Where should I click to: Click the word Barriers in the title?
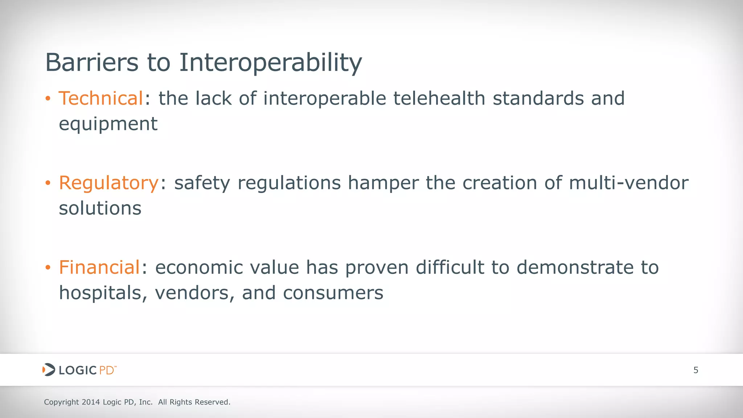click(92, 62)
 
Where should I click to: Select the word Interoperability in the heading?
click(270, 62)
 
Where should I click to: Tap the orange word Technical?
click(101, 98)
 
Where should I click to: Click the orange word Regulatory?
click(108, 183)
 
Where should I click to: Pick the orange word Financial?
click(99, 267)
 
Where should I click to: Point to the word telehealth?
click(439, 98)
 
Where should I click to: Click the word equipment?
click(108, 124)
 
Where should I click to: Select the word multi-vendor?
click(628, 183)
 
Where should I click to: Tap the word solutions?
click(100, 208)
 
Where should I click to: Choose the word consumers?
click(333, 293)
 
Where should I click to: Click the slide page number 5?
click(695, 370)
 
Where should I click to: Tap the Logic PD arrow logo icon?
click(49, 370)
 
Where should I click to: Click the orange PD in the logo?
click(107, 370)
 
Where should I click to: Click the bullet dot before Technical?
click(48, 99)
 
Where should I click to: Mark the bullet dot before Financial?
click(48, 268)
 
